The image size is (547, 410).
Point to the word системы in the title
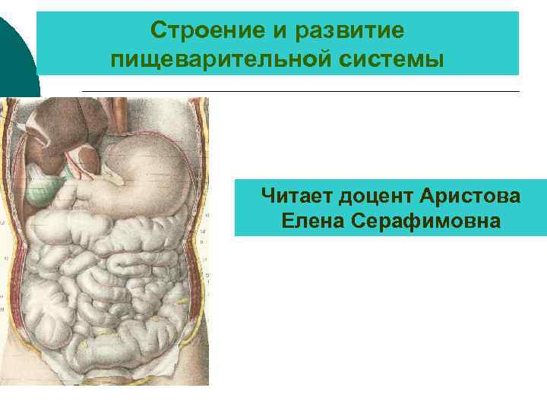coord(394,58)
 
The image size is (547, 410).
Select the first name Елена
coord(311,221)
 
